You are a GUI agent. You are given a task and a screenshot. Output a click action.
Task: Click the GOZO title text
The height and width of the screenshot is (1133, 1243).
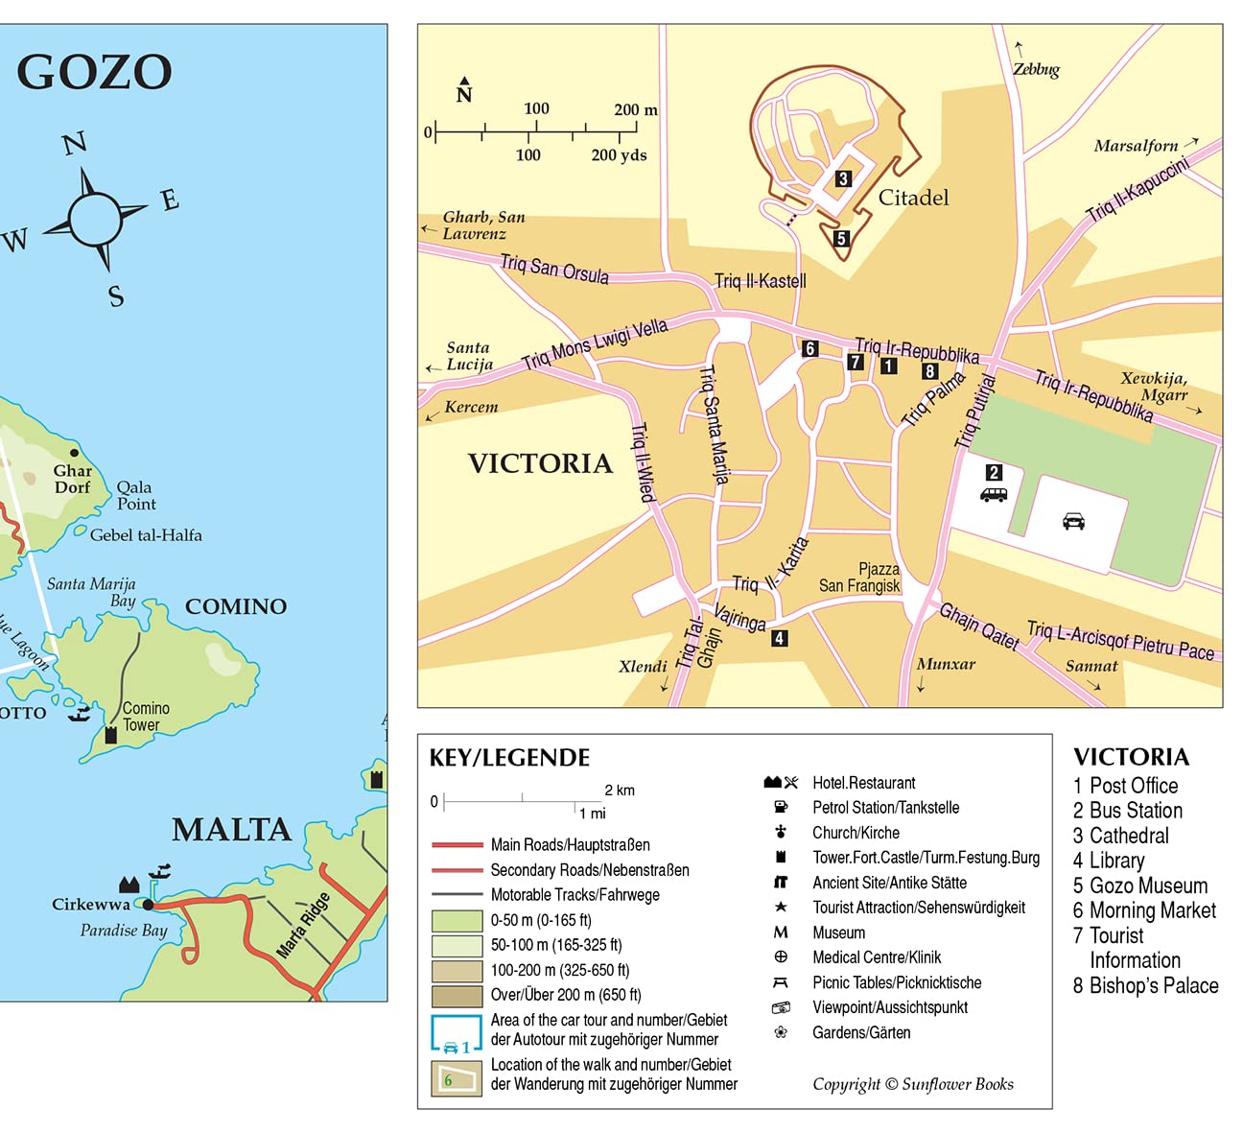(94, 72)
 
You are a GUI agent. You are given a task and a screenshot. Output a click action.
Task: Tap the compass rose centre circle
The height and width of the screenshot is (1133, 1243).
(95, 219)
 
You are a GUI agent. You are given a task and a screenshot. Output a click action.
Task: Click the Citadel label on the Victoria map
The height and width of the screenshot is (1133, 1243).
(913, 198)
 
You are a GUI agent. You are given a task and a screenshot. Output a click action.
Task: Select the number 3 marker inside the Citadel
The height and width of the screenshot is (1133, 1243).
(842, 178)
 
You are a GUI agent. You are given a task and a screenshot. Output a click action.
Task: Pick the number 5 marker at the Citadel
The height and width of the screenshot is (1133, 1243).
(841, 239)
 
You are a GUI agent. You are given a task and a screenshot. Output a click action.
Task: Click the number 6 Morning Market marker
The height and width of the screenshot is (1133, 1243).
(809, 349)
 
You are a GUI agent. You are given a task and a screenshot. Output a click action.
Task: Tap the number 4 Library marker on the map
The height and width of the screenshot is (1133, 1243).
(780, 638)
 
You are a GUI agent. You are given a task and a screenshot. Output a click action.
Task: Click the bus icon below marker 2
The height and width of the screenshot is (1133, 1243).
(994, 495)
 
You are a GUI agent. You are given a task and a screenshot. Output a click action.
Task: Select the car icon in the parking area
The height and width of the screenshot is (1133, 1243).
(1073, 521)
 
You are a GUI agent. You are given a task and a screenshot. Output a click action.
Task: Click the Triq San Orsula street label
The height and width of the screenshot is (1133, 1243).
(554, 269)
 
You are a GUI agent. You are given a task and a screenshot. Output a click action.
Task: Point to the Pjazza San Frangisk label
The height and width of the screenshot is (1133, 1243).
(859, 578)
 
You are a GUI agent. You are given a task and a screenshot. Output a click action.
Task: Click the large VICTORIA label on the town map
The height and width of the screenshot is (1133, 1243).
(540, 463)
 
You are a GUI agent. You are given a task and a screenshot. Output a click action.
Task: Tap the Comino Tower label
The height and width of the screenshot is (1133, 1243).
(145, 717)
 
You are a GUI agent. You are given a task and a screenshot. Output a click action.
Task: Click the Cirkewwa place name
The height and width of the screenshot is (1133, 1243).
(90, 904)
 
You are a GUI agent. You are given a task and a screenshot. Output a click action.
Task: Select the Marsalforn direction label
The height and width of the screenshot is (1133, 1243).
(1136, 146)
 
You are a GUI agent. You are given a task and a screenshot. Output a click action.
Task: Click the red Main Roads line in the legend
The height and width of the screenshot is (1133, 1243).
(457, 845)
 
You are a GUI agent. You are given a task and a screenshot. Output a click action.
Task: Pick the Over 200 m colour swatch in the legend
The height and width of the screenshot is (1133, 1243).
(457, 996)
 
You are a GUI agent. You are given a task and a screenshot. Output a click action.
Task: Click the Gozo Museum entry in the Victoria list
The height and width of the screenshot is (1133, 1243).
(1139, 885)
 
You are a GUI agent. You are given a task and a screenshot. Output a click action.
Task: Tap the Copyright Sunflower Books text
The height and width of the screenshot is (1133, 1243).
(912, 1084)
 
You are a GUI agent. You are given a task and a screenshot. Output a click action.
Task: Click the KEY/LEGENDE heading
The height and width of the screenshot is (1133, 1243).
(509, 758)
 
